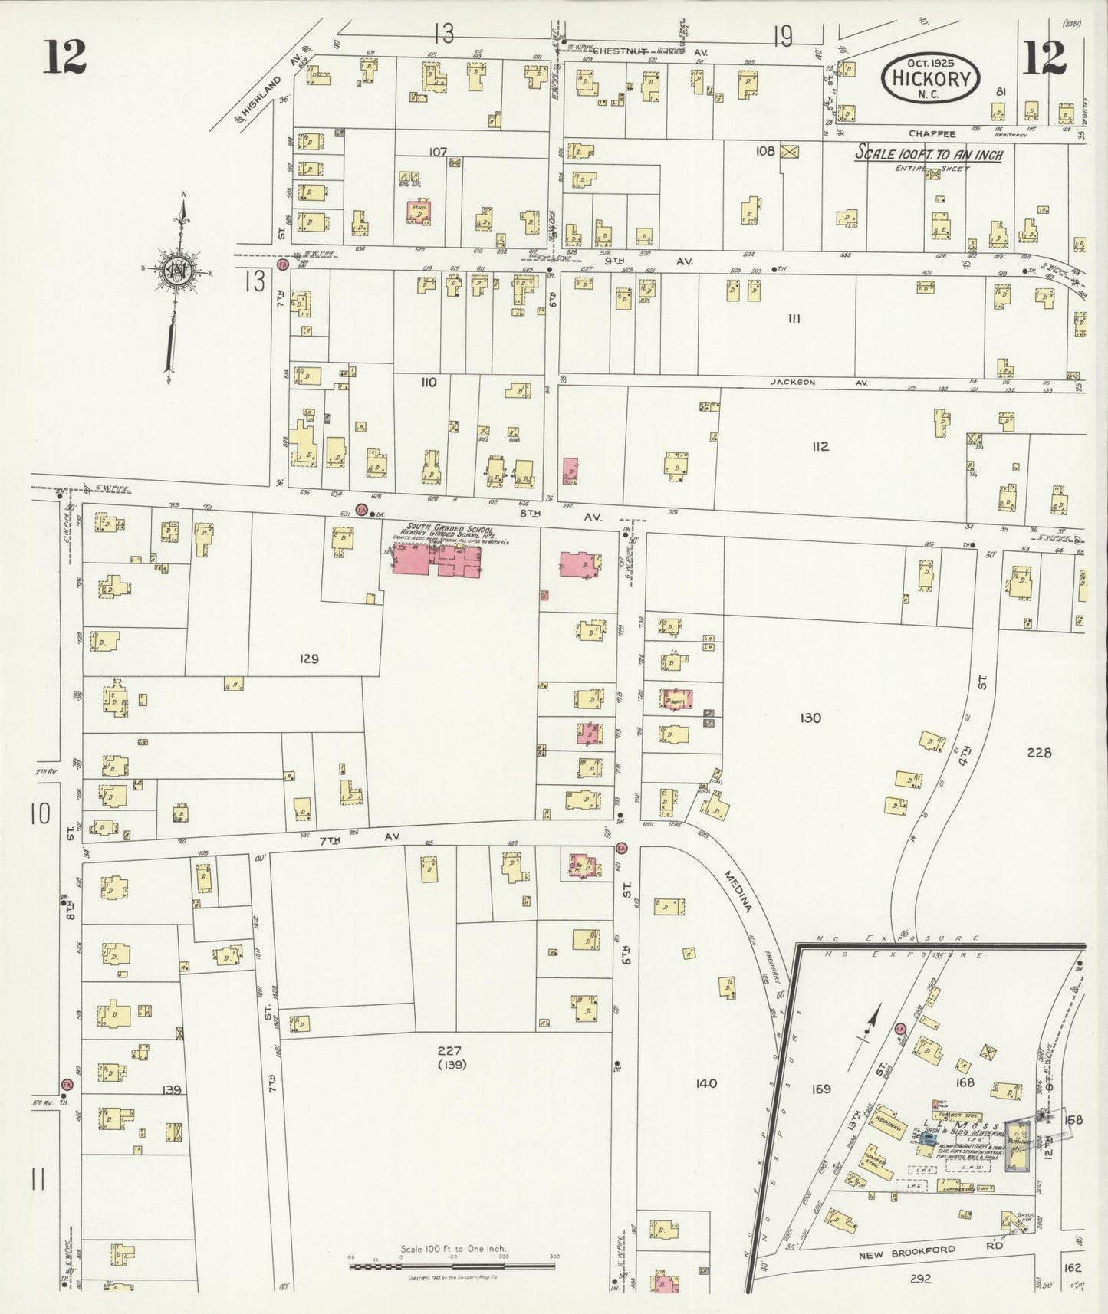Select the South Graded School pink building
click(436, 560)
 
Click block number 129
click(309, 659)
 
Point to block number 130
click(810, 718)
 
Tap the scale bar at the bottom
click(452, 1266)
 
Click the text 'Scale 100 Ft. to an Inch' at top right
click(929, 154)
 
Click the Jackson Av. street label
click(819, 382)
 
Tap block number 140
click(705, 1083)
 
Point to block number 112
click(820, 446)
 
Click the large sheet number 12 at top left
click(64, 56)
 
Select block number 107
click(437, 152)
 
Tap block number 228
click(1039, 752)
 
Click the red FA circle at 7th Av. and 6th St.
click(621, 848)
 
